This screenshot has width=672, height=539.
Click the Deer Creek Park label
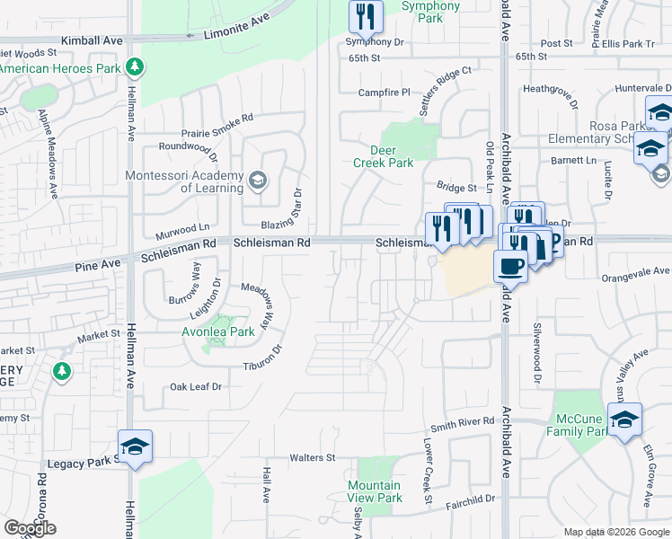click(391, 156)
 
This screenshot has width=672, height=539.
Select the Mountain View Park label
click(375, 490)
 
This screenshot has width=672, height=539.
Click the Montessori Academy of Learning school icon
click(258, 181)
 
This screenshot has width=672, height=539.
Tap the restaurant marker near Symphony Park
click(366, 16)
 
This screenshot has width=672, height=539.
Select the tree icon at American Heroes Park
click(134, 67)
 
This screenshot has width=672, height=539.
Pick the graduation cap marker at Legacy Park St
click(135, 446)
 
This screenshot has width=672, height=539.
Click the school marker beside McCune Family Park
click(624, 420)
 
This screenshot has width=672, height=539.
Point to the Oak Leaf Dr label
click(196, 386)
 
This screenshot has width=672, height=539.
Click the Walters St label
click(312, 458)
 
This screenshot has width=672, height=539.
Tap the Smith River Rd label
click(463, 421)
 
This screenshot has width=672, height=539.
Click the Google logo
click(30, 528)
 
